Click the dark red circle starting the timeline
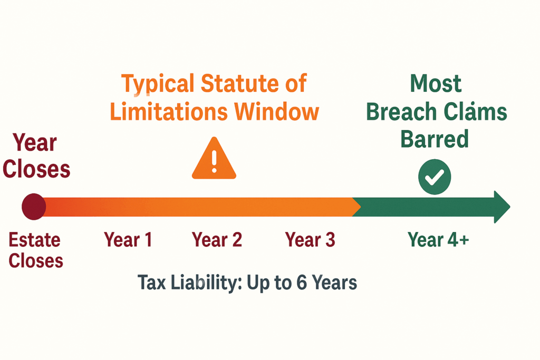(34, 207)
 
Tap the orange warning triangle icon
(214, 160)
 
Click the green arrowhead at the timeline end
(501, 207)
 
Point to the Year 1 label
(128, 240)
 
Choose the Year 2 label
(217, 240)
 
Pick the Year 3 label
(310, 240)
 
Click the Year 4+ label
(438, 240)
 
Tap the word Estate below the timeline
(35, 240)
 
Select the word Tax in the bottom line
(150, 283)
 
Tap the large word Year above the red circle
(35, 143)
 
